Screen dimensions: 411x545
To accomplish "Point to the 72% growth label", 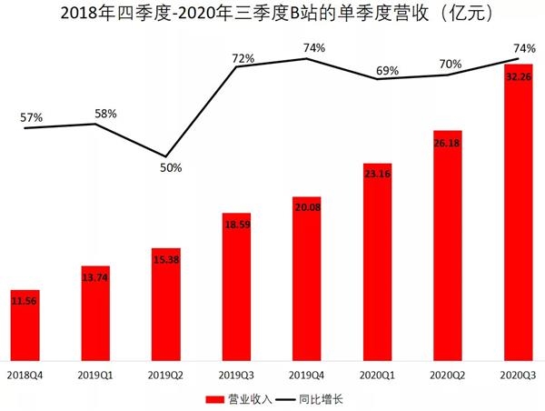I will coord(243,58).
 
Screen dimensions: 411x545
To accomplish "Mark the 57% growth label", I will coord(31,118).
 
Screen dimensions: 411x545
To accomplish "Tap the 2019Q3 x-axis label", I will coord(236,374).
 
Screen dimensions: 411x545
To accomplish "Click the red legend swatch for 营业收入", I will coord(215,398).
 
